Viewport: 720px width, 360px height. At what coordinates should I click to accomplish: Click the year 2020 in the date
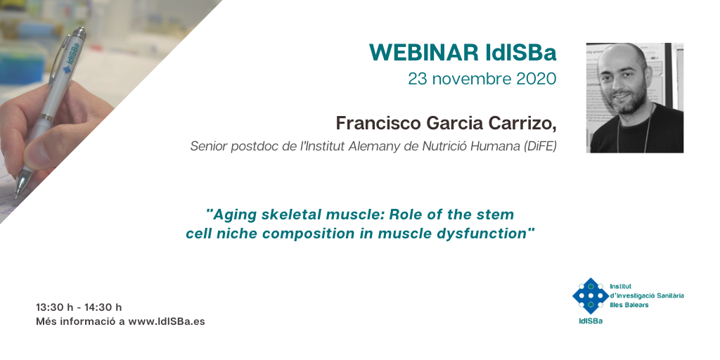pyautogui.click(x=536, y=79)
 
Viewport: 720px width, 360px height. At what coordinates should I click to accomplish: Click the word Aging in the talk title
pyautogui.click(x=231, y=214)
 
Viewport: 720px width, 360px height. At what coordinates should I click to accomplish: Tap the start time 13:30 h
pyautogui.click(x=55, y=307)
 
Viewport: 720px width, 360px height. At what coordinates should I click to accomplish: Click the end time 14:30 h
pyautogui.click(x=103, y=307)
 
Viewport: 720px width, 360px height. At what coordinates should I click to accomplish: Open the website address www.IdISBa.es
pyautogui.click(x=167, y=321)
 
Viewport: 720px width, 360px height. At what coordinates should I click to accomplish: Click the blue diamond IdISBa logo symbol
pyautogui.click(x=591, y=296)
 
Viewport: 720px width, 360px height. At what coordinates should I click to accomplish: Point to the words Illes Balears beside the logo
pyautogui.click(x=629, y=305)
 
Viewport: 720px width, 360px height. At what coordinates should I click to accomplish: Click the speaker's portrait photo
pyautogui.click(x=635, y=98)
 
